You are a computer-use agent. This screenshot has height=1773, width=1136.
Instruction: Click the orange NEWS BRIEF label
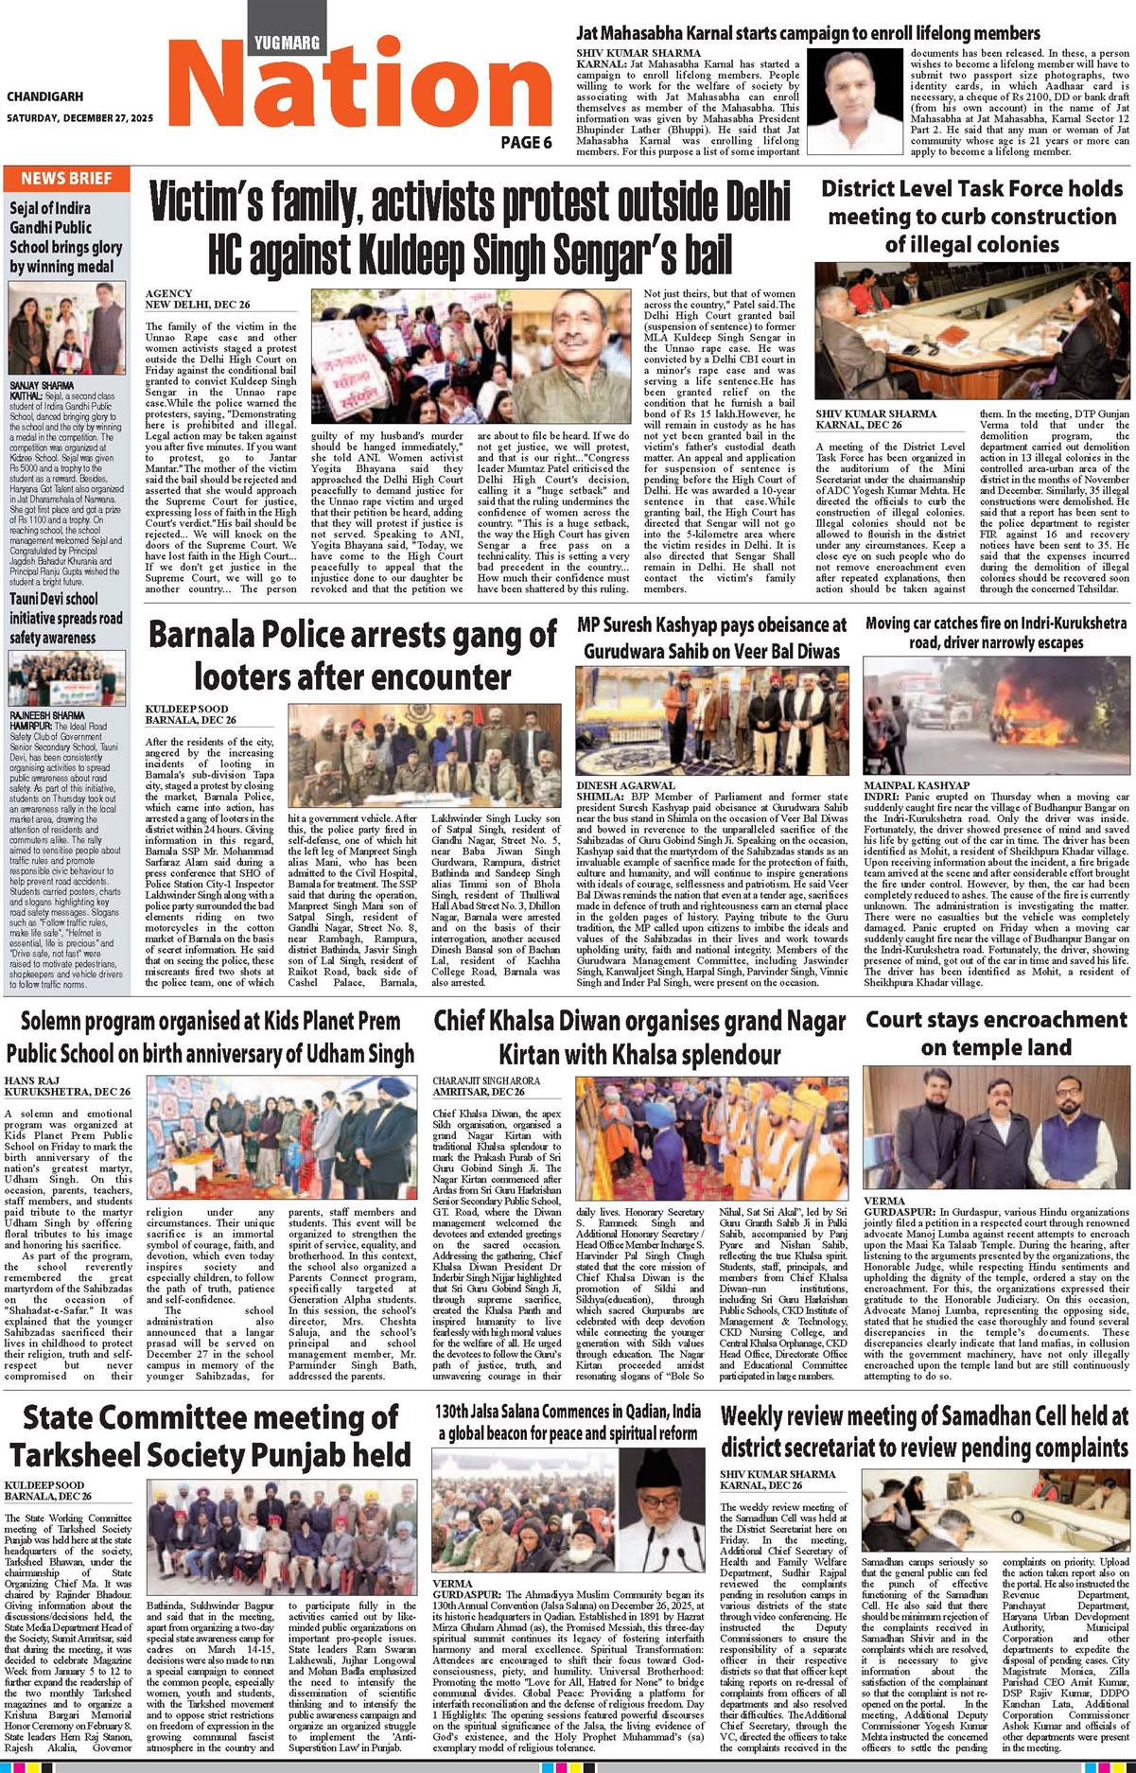click(66, 178)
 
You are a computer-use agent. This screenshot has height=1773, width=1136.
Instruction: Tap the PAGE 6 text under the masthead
click(526, 142)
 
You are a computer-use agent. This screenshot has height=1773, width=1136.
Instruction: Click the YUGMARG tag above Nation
click(288, 42)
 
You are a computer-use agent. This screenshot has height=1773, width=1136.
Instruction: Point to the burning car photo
click(996, 716)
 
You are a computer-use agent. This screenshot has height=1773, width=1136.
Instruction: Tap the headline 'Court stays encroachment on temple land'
click(996, 1033)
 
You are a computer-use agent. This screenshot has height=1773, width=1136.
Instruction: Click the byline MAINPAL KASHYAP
click(916, 785)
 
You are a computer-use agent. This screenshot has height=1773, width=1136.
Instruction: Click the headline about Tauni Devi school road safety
click(66, 618)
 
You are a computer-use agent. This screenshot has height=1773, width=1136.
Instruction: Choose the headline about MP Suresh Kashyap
click(711, 638)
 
